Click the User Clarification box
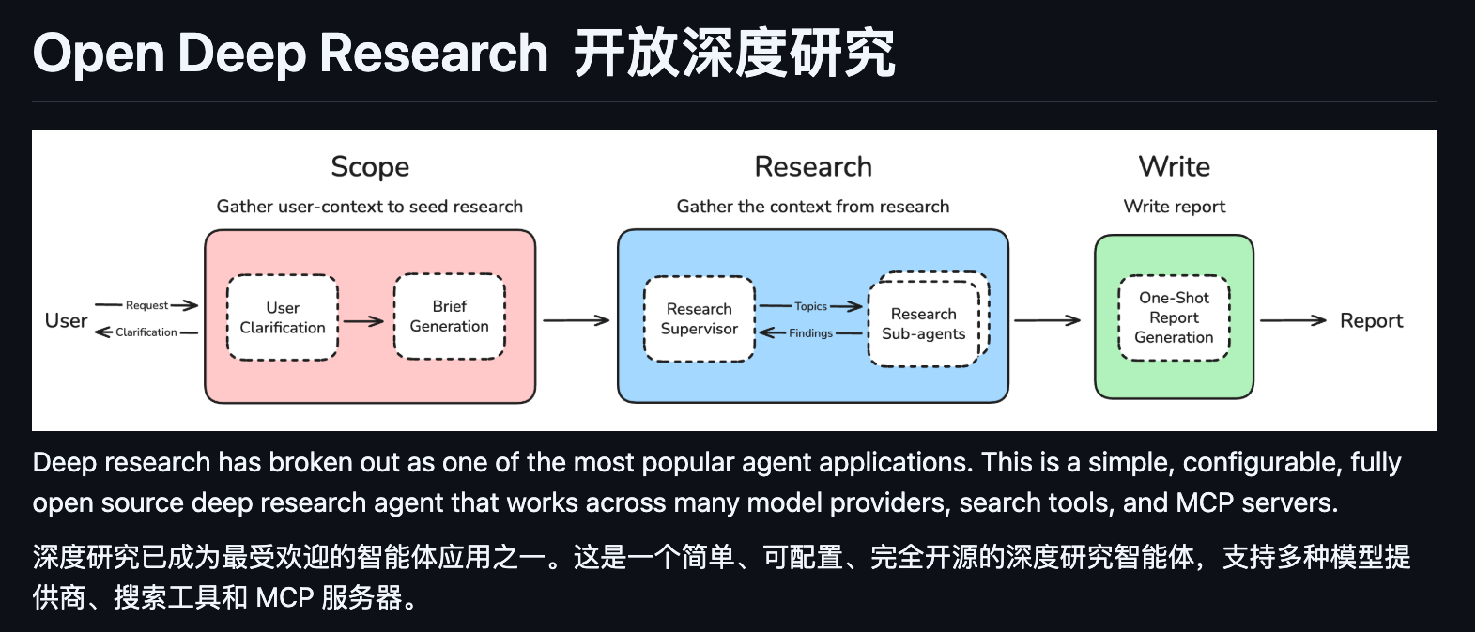coord(283,317)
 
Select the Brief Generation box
coord(449,316)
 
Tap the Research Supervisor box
coord(699,318)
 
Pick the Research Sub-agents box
coord(923,323)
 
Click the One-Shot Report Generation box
coord(1174,317)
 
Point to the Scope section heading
coord(370,167)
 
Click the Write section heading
coord(1174,166)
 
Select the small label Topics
coord(810,306)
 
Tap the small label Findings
coord(810,333)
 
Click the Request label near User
coord(146,305)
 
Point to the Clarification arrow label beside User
coord(146,332)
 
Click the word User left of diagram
coord(66,321)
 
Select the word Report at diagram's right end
coord(1371,321)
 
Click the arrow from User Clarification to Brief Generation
coord(364,321)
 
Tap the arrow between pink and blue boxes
coord(576,321)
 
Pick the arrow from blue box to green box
coord(1047,321)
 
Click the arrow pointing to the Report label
coord(1293,321)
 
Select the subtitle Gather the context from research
coord(813,207)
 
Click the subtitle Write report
coord(1174,207)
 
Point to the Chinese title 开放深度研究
coord(734,54)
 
